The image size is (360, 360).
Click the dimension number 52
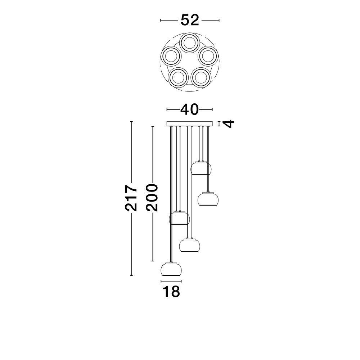point(190,21)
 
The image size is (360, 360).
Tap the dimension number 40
point(190,109)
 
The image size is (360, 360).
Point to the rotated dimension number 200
point(152,198)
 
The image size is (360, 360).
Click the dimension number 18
point(171,292)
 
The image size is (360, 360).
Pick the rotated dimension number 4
point(229,124)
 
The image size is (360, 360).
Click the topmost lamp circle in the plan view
point(190,43)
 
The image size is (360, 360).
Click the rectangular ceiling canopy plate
point(190,124)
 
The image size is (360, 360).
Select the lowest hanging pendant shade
point(171,269)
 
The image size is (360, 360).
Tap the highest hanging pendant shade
point(201,168)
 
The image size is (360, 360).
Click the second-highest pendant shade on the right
point(208,199)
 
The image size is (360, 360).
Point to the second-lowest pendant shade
point(190,245)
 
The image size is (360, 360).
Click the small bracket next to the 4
point(219,124)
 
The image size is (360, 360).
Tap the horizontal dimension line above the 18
point(171,281)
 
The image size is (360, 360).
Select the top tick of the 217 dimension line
point(131,121)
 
